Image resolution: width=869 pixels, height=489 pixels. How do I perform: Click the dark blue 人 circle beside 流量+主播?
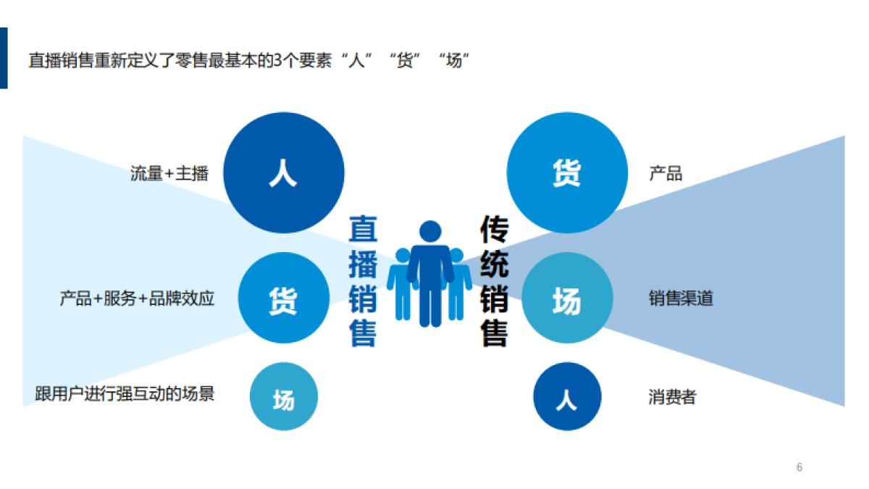(283, 173)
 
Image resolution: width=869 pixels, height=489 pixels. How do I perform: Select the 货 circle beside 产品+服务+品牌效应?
(283, 298)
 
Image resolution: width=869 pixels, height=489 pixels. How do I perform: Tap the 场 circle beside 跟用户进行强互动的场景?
(283, 396)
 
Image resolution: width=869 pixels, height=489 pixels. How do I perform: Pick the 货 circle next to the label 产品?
(566, 173)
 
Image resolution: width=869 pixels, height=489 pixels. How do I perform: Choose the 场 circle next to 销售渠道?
(566, 298)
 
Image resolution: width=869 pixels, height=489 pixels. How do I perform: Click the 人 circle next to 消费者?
(566, 396)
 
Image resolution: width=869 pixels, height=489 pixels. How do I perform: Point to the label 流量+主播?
(169, 174)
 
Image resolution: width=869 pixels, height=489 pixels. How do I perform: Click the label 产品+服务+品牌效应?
(137, 298)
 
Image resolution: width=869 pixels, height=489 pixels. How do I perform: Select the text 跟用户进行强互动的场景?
(125, 394)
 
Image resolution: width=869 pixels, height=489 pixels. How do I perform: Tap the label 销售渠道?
(681, 298)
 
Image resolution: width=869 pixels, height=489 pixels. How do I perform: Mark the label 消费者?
(672, 397)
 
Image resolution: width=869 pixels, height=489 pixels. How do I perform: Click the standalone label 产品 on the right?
(666, 174)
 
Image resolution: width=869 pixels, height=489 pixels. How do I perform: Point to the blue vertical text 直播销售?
(363, 281)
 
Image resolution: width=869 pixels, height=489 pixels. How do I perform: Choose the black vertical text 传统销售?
(494, 281)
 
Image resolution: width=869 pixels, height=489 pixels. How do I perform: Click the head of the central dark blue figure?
(430, 231)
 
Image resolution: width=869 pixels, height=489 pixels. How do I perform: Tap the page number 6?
(799, 467)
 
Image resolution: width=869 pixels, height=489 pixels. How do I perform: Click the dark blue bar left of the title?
(4, 58)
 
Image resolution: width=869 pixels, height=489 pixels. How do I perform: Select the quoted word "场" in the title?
(453, 60)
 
